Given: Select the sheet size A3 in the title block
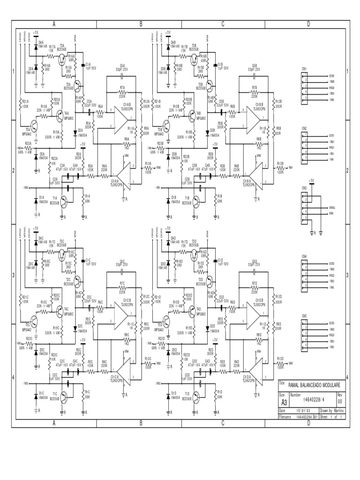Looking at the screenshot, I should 284,402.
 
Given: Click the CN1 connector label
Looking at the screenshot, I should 305,69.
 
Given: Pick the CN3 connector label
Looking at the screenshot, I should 305,187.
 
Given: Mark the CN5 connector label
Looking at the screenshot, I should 305,316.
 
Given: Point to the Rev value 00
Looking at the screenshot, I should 340,402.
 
